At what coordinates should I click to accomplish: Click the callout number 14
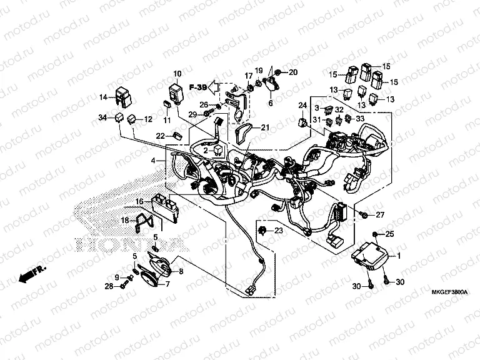[104, 97]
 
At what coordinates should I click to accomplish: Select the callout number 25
[390, 234]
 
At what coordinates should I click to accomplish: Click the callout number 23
[279, 231]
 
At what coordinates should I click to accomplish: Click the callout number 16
[139, 201]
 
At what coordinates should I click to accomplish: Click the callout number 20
[293, 72]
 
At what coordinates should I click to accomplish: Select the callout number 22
[161, 136]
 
